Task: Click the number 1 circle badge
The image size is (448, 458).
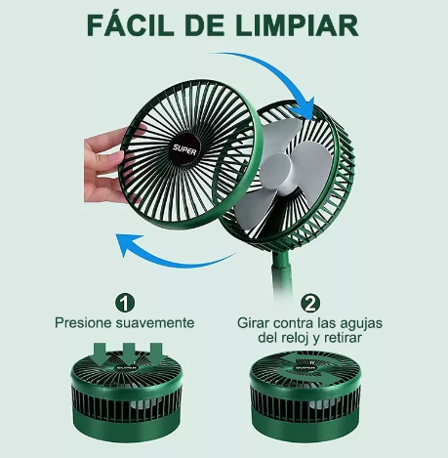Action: pyautogui.click(x=125, y=302)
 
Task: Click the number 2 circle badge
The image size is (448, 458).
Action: pyautogui.click(x=310, y=302)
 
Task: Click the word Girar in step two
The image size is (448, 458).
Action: pyautogui.click(x=256, y=322)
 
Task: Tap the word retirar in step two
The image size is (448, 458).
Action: pyautogui.click(x=339, y=339)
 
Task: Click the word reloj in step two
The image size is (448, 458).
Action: pyautogui.click(x=293, y=339)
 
